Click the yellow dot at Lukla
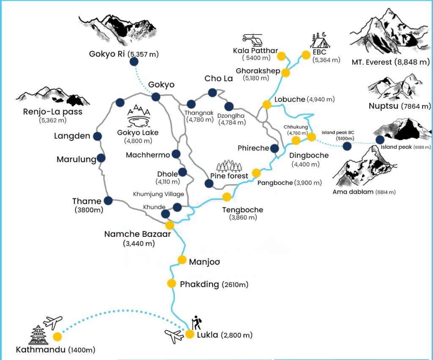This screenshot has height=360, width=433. (x=190, y=334)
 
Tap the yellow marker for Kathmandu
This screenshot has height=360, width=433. (x=58, y=336)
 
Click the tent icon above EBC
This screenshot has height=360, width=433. (x=320, y=40)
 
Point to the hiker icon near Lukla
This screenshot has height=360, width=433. (x=197, y=322)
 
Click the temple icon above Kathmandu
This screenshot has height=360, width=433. (x=38, y=335)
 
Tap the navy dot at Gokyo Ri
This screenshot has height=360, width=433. (x=134, y=62)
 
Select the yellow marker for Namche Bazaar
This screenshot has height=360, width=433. (x=170, y=225)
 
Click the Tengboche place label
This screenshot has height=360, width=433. (x=243, y=210)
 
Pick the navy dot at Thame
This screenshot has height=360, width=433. (x=108, y=201)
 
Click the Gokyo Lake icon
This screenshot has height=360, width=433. (x=139, y=115)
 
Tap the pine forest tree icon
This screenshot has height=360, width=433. (x=229, y=166)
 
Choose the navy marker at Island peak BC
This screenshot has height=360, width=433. (x=347, y=146)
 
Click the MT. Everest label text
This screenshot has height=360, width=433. (x=390, y=62)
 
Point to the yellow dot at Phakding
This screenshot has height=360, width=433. (x=172, y=283)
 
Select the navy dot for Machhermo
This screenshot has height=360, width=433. (x=176, y=154)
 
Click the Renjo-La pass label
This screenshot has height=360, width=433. (x=53, y=112)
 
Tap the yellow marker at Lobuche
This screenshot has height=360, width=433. (x=267, y=105)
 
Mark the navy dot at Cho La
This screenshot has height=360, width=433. (x=212, y=93)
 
